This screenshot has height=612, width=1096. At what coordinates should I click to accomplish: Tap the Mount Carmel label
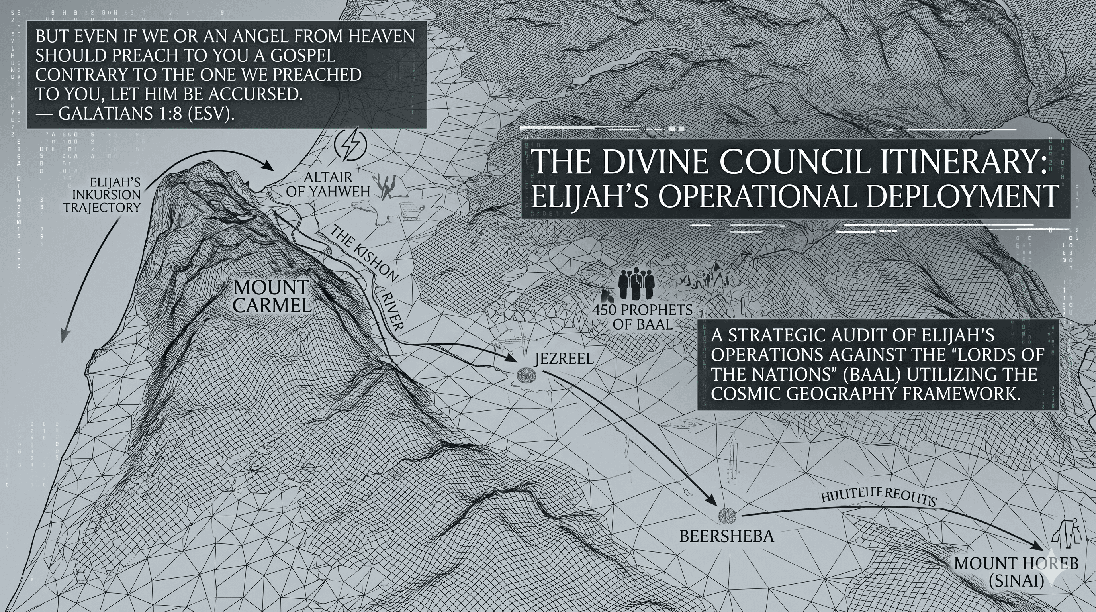click(x=272, y=297)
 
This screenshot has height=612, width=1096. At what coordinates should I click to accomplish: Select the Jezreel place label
click(x=564, y=358)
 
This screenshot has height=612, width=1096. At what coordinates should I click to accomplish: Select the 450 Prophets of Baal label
click(x=642, y=317)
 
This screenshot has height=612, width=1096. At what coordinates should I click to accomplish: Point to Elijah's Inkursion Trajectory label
click(x=106, y=195)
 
